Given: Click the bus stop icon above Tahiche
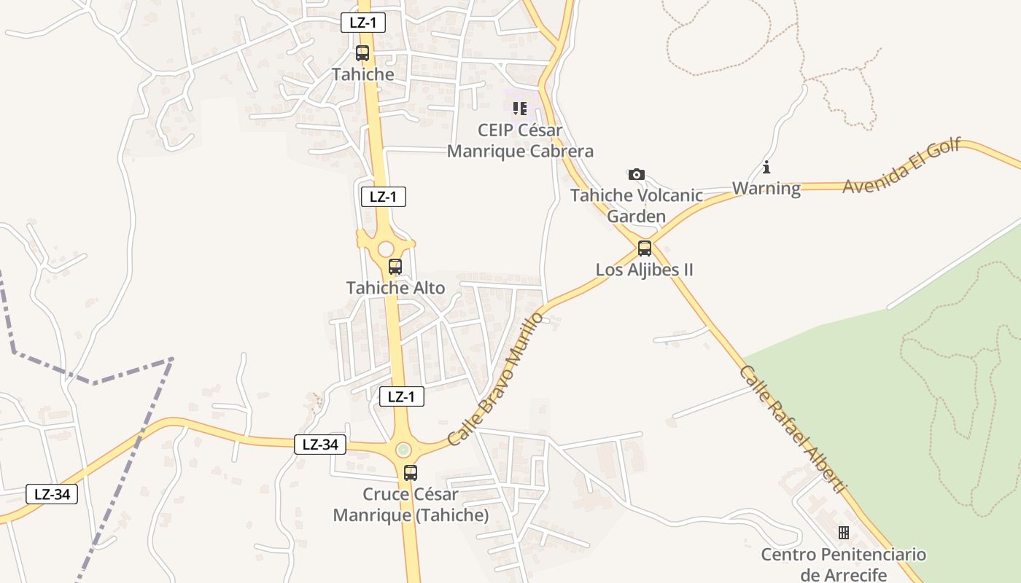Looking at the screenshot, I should (362, 52).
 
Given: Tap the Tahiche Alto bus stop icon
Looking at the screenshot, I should (395, 267).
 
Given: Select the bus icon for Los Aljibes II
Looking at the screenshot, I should (645, 249).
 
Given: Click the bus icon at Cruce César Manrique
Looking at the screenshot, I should (411, 472).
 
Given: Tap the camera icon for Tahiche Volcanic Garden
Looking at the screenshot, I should (637, 174).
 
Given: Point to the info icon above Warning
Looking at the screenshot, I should (766, 168).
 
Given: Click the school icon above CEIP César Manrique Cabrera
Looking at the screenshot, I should (519, 109).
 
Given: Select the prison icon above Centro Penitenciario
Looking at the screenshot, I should (844, 533).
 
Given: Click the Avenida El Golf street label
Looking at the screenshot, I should (902, 165).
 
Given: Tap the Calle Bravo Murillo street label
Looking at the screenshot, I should (496, 379).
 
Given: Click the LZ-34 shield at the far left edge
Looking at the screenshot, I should (52, 493).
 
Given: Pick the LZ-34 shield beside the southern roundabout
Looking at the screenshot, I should (320, 445).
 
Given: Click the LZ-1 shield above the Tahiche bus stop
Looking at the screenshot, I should (363, 23).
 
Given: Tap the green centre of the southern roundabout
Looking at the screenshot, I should (403, 450).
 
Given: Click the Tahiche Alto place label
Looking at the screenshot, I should (395, 288).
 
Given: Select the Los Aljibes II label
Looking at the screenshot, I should (645, 270).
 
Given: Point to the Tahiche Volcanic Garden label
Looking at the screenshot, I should (637, 206).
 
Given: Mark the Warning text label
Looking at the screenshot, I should (766, 189).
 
